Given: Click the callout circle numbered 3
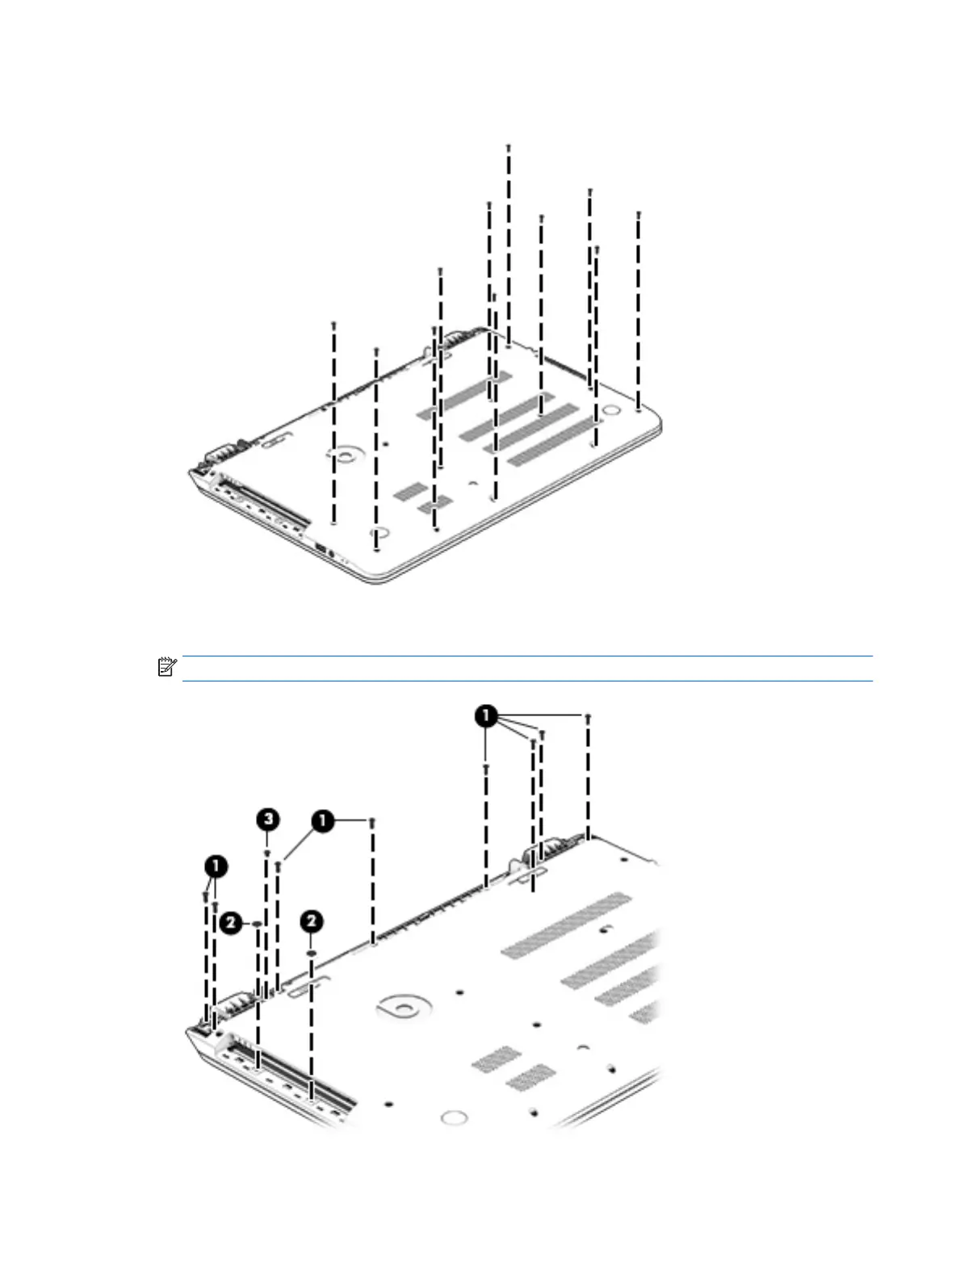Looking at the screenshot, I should click(267, 820).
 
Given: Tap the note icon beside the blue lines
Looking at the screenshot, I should click(167, 667).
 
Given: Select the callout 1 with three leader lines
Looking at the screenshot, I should click(486, 716).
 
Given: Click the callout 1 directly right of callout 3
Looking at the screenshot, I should click(322, 822).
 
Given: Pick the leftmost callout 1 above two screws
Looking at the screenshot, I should click(216, 867).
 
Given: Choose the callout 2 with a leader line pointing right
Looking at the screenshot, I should click(232, 922).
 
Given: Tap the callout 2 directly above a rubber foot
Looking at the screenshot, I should click(312, 921).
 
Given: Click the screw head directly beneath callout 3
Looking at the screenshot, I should click(267, 852).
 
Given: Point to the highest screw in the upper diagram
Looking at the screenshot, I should click(509, 147).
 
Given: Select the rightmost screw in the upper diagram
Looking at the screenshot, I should click(639, 215).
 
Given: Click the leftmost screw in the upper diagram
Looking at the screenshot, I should click(333, 324).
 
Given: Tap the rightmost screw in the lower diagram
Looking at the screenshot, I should click(588, 716).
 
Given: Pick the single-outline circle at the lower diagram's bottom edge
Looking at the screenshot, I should click(455, 1118).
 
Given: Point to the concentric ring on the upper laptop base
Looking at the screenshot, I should click(346, 456).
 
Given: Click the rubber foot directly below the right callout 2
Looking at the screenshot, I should click(312, 953).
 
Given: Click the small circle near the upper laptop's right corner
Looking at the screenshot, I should click(613, 410).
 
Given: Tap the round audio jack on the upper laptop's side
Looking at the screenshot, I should click(331, 553).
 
